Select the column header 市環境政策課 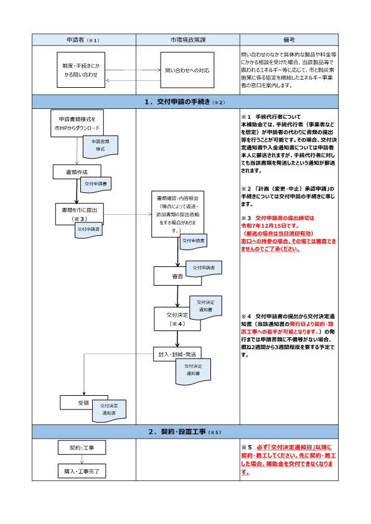(188, 40)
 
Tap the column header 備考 (288, 40)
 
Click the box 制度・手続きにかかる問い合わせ (80, 70)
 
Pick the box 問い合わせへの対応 (187, 70)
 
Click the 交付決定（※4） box (171, 318)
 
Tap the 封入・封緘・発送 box (177, 353)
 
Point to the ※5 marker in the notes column (246, 447)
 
